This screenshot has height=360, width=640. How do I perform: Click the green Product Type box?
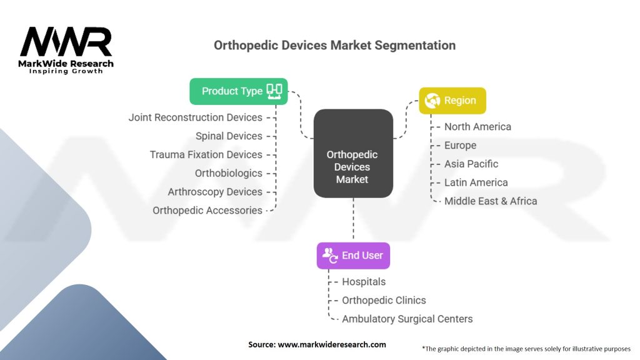coord(238,91)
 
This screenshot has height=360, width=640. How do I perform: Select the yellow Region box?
coord(452,101)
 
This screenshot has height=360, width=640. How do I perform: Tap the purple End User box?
coord(353,256)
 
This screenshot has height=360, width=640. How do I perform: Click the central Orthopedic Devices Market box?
coord(352,167)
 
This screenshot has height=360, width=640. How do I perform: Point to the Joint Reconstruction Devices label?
coord(195,117)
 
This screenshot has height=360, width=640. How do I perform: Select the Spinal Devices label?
coord(229,136)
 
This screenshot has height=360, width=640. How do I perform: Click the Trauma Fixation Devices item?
coord(206,154)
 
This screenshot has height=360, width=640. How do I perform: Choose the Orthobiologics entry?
coord(228,173)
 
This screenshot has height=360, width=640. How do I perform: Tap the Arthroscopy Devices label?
coord(215,192)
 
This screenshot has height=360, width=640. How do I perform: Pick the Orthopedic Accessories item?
coord(207,211)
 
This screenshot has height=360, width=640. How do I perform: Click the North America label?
coord(477,127)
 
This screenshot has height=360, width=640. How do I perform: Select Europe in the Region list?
coord(460,146)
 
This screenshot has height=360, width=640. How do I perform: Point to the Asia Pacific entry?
coord(471,164)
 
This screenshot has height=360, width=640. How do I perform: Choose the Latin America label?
coord(476,182)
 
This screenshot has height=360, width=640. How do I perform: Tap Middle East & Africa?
coord(490,201)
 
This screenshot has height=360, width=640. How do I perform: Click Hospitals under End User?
coord(364,282)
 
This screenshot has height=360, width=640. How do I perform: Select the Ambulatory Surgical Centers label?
coord(407,319)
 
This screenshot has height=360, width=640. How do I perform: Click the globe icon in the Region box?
coord(432,101)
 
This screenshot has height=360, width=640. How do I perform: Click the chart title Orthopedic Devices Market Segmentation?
coord(334,46)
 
